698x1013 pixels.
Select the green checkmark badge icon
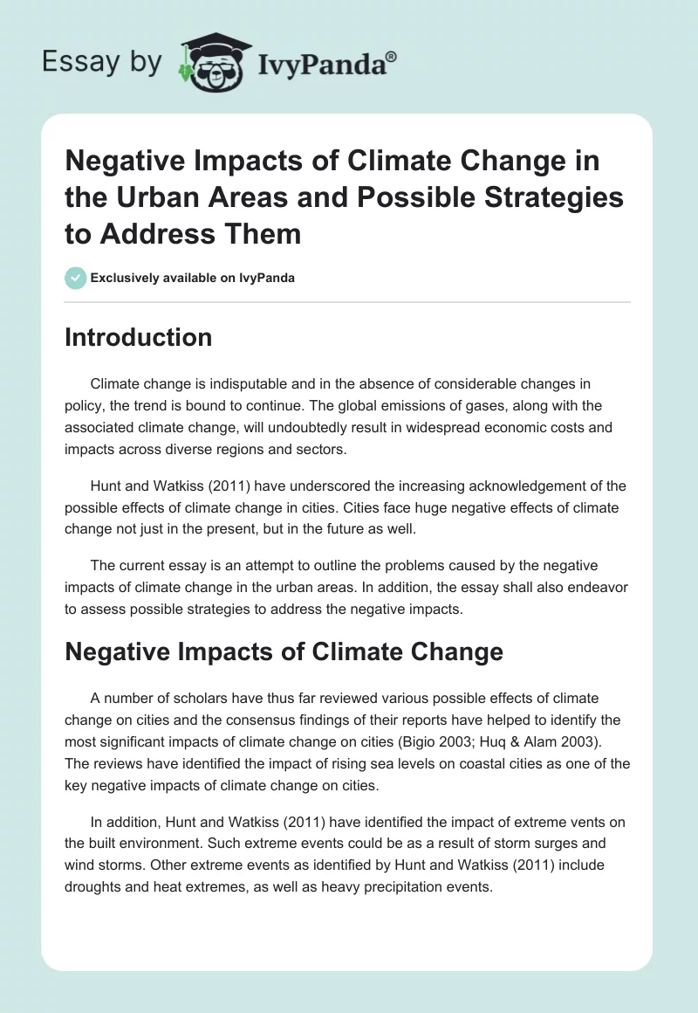tap(75, 278)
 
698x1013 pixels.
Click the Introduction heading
tap(138, 337)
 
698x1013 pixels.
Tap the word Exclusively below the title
tap(126, 279)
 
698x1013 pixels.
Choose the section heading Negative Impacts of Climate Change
tap(284, 651)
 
